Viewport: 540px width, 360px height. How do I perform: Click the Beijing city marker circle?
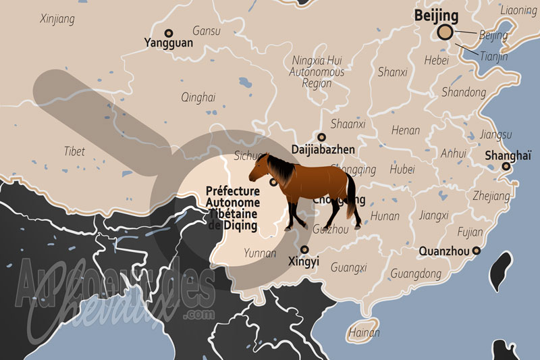point(445,32)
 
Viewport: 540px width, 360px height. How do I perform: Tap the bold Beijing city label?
point(436,14)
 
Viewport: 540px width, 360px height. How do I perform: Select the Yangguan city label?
point(168,43)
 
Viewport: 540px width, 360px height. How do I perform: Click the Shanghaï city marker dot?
point(506,165)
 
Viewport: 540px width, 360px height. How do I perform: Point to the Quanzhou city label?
point(443,251)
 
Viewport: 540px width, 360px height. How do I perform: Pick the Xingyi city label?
point(304,261)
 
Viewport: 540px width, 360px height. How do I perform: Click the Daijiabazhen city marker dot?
point(321,137)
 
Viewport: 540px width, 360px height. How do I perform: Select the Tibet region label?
point(74,151)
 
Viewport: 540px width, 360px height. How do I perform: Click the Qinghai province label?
point(198,97)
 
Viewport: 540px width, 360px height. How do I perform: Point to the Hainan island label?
point(364,333)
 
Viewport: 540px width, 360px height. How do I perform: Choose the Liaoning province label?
point(518,10)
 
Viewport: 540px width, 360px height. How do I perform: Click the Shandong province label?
point(464,92)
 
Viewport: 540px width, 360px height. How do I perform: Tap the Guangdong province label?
point(416,274)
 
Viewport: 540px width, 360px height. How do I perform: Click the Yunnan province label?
point(260,254)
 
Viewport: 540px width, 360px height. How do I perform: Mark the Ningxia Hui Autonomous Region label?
point(317,72)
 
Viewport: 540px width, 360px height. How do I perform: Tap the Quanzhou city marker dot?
point(477,251)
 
